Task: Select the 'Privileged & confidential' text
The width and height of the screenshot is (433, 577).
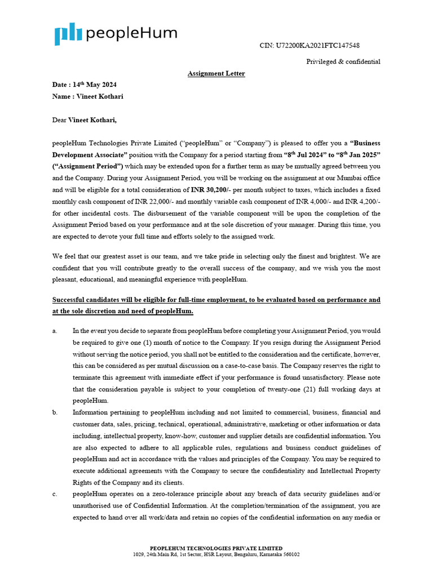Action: [x=343, y=62]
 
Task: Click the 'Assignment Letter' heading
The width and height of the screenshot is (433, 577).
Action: [x=216, y=74]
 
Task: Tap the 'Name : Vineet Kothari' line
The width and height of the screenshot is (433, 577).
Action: [x=87, y=96]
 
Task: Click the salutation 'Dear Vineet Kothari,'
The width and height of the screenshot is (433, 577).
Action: [x=85, y=120]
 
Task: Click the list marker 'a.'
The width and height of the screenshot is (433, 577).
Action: [x=55, y=331]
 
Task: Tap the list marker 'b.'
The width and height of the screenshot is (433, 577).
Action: [x=55, y=412]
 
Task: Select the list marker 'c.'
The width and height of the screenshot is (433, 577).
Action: [x=55, y=494]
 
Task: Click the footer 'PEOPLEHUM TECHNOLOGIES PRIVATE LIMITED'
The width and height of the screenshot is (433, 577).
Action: [x=216, y=548]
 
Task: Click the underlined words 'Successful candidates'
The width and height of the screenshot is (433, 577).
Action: [x=91, y=300]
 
